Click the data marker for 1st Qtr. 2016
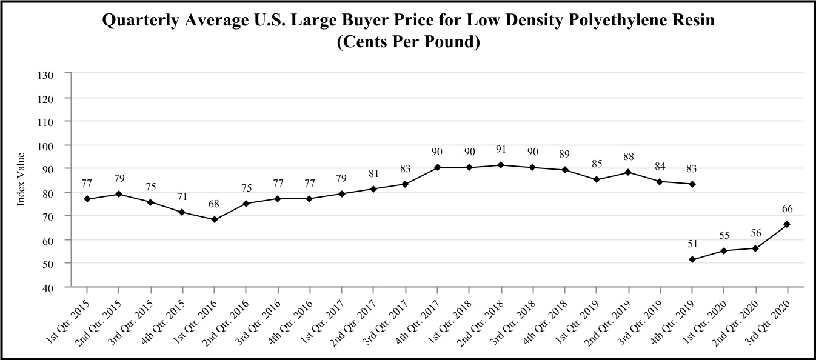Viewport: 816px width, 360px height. pos(215,219)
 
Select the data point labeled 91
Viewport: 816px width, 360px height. pos(501,165)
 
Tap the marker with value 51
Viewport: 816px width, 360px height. pos(692,259)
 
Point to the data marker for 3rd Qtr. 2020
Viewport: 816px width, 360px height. pos(788,224)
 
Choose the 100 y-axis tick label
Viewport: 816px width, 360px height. pos(47,145)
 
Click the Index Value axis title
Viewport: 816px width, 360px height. pos(21,179)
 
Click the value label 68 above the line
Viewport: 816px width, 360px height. pos(214,204)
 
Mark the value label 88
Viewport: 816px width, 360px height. pos(627,156)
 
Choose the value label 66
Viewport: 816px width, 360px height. pos(787,208)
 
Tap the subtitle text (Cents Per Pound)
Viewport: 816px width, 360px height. pos(408,43)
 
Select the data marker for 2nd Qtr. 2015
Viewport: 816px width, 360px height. pos(119,194)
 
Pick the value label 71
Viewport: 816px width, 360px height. pos(182,196)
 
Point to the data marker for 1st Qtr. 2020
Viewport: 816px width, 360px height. pos(724,250)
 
